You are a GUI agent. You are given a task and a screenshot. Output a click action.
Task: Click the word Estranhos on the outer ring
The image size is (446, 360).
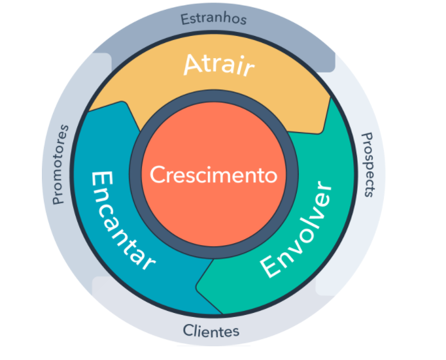pyautogui.click(x=214, y=18)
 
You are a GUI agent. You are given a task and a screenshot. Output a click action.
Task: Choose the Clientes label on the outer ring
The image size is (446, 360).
pyautogui.click(x=211, y=329)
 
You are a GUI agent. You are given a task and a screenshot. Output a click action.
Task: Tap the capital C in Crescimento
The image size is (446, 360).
pyautogui.click(x=156, y=175)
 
